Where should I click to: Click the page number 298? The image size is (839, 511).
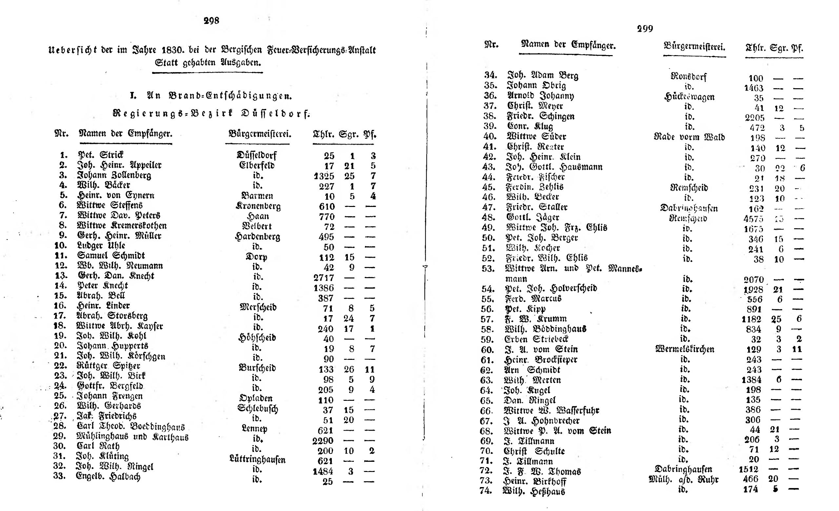tap(211, 21)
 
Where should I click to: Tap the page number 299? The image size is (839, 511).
tap(645, 29)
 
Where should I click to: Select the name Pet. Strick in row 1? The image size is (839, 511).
tap(101, 155)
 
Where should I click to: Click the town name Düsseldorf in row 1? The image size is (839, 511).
tap(256, 155)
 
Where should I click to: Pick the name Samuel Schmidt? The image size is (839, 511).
tap(111, 255)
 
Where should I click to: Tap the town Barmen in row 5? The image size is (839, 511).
tap(257, 196)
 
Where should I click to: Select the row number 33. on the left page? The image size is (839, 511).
tap(59, 476)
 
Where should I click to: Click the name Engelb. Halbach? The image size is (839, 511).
tap(108, 477)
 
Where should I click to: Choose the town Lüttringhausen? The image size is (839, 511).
tap(257, 460)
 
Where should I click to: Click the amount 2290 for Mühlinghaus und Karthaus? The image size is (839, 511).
tap(323, 440)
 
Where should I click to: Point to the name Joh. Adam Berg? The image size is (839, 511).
tap(543, 75)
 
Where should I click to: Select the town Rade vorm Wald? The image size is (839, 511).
tap(689, 137)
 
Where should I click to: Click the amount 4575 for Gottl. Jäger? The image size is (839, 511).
tap(753, 219)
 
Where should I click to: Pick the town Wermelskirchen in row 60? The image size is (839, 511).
tap(685, 349)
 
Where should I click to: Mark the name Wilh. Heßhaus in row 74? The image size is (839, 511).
tap(533, 491)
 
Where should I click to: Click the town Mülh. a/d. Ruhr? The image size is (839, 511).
tap(683, 480)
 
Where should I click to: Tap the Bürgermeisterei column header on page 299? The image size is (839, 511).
tap(694, 47)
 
